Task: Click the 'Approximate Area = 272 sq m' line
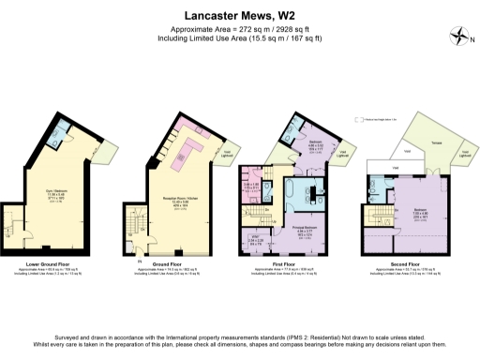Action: point(240,28)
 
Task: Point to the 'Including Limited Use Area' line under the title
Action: point(240,38)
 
